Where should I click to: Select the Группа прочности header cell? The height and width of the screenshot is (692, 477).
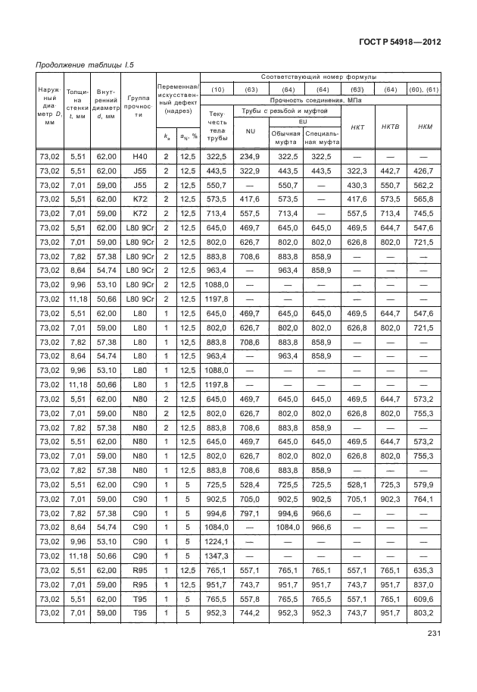[139, 108]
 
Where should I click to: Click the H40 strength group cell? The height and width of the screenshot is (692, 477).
[139, 156]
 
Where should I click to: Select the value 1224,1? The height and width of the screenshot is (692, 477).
[217, 540]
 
